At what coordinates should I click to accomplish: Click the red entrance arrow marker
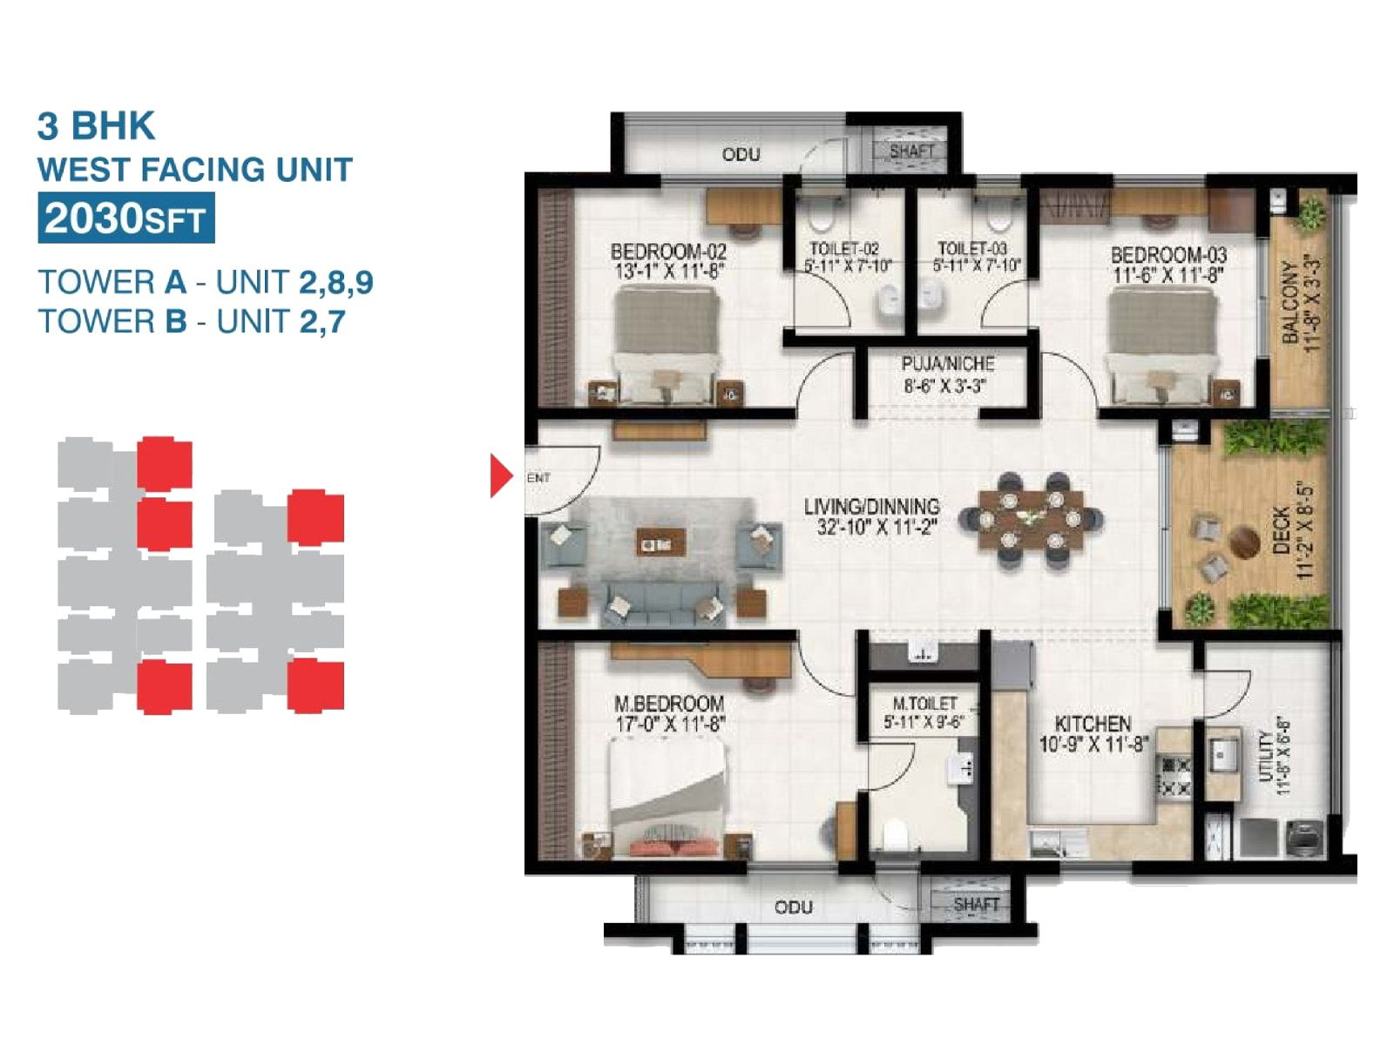coord(501,475)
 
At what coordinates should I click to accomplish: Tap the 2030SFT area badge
coord(125,219)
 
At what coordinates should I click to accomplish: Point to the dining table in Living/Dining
coord(1031,520)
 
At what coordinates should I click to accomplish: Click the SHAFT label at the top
coord(911,151)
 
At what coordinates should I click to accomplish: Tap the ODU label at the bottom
coord(793,907)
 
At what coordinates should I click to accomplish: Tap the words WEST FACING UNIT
coord(195,170)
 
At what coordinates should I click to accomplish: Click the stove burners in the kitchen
coord(1172,777)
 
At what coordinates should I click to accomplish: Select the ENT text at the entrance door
coord(539,478)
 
